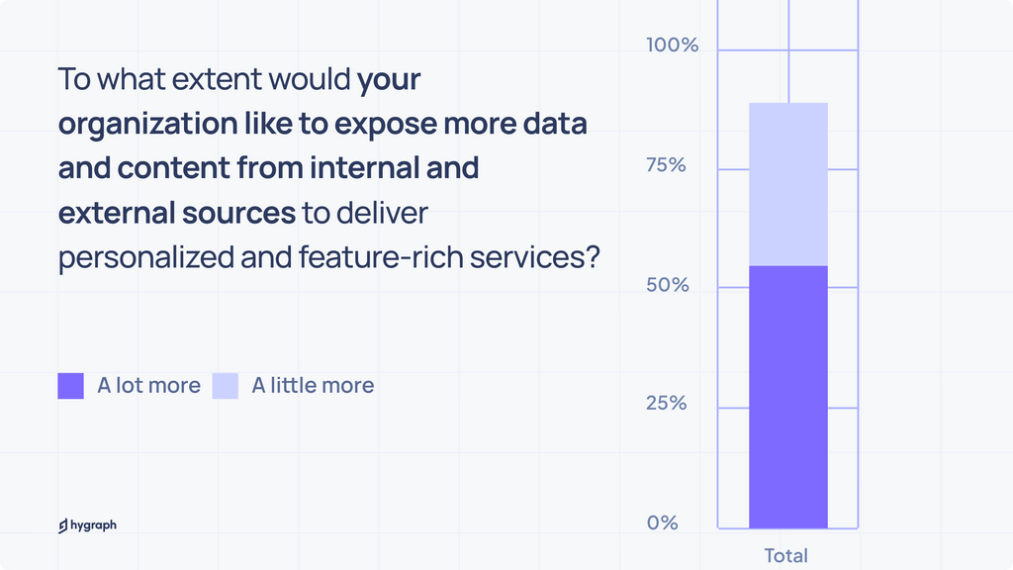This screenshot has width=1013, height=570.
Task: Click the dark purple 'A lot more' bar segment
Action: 787,396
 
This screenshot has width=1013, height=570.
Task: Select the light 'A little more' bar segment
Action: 787,184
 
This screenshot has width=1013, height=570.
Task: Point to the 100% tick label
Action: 672,46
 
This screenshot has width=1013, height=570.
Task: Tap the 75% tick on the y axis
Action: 666,165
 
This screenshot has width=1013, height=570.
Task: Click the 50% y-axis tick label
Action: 667,285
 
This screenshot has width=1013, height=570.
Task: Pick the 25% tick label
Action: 666,404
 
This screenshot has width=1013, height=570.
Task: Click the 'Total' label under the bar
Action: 785,555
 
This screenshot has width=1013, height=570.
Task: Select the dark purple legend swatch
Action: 71,386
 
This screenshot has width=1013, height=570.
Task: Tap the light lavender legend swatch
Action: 226,386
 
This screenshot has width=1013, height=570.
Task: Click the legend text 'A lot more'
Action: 148,386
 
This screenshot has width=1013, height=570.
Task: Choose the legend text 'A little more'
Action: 313,386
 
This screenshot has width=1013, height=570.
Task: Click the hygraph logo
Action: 87,525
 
